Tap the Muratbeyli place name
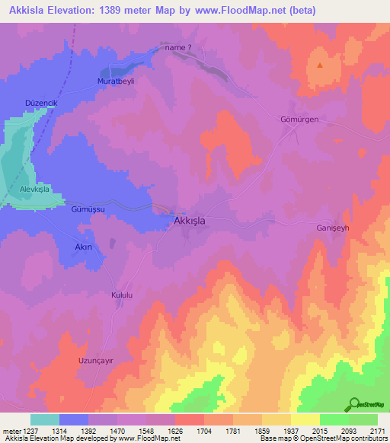coord(115,81)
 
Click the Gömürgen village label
coord(299,120)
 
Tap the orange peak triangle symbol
coord(319,65)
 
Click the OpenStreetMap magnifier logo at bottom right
coord(354,404)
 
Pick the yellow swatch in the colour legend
coord(305,419)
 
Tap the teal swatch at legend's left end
coord(44,419)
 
